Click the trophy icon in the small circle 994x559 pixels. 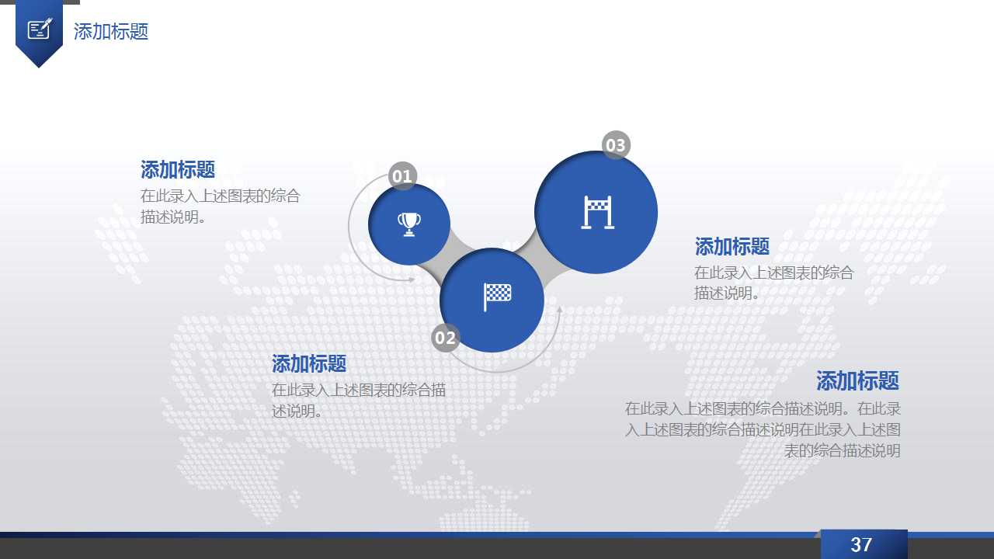(x=409, y=224)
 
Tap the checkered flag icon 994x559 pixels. (x=497, y=296)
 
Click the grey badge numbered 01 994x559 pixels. (x=402, y=176)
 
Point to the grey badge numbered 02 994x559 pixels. (x=445, y=338)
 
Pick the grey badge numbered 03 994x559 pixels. (x=616, y=145)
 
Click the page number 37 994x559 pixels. (x=861, y=545)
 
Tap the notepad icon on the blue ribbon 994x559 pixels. (x=39, y=29)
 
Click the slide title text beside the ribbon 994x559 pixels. (x=111, y=32)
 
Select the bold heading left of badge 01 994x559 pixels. (x=178, y=169)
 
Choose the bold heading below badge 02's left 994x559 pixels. (x=309, y=363)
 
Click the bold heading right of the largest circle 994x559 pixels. (x=732, y=247)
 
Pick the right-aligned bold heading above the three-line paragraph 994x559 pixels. (x=857, y=381)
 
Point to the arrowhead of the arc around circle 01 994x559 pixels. (x=412, y=279)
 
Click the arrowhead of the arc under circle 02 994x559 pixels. (x=558, y=310)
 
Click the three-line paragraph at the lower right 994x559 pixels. (x=763, y=429)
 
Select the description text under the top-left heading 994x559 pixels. (x=220, y=207)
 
